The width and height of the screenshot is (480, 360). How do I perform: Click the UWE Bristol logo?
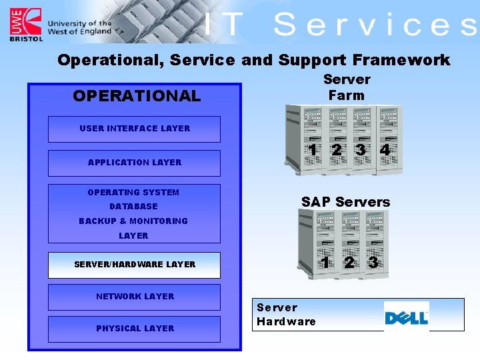25,25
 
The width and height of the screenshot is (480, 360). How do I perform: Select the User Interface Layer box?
134,129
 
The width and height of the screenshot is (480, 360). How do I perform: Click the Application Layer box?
134,163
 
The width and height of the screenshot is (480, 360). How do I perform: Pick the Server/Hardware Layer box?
134,265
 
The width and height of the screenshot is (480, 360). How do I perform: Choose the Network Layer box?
134,297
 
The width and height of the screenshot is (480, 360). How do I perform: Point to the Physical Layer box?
134,329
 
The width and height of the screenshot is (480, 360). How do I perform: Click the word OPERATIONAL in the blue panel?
137,96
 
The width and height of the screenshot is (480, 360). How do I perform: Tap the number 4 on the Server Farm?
385,150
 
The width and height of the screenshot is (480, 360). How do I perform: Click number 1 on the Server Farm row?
313,150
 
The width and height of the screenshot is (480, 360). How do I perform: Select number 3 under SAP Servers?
373,263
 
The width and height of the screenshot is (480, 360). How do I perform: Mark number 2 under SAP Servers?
349,263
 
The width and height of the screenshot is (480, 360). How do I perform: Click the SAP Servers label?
345,202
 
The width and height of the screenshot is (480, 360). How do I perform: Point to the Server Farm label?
347,87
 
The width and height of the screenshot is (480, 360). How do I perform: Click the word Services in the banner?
375,25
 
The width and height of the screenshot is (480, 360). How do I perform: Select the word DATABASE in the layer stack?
133,207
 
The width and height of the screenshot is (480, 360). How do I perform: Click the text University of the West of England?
79,27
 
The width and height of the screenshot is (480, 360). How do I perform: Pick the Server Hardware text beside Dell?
286,315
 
